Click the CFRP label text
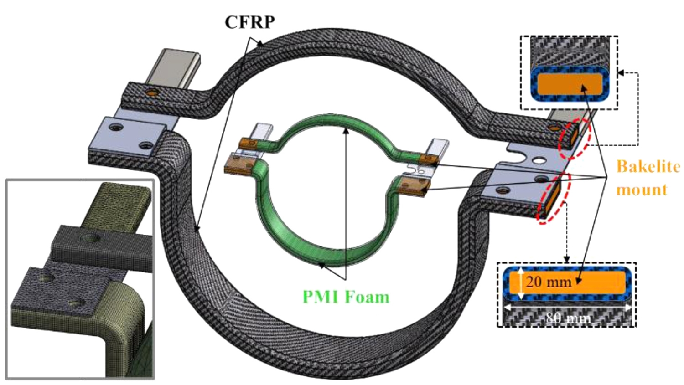(x=249, y=21)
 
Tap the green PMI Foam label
(x=346, y=297)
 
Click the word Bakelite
(x=648, y=167)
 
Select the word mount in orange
(x=642, y=189)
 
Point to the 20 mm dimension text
(x=549, y=282)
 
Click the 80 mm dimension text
(x=568, y=318)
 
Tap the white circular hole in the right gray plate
(x=539, y=160)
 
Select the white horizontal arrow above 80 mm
(x=568, y=308)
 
